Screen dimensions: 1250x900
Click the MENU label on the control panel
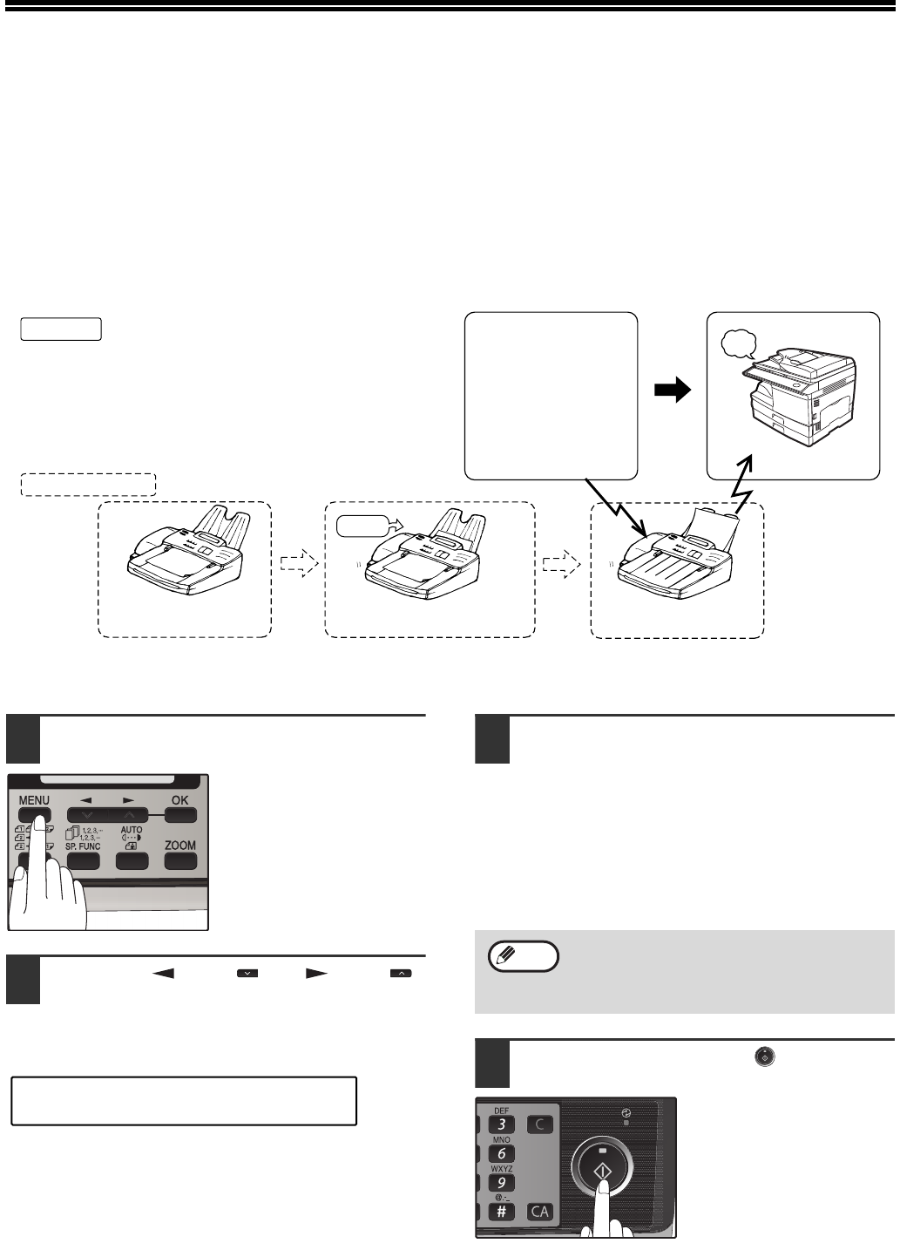34,800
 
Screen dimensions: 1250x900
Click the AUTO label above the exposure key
132,831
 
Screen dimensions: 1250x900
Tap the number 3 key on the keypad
501,1124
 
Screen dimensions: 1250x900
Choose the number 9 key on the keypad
501,1183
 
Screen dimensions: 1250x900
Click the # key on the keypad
501,1212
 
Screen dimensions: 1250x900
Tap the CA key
540,1212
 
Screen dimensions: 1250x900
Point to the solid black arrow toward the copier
673,392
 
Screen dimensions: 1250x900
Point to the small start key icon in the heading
764,1056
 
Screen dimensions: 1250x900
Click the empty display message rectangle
184,1101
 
